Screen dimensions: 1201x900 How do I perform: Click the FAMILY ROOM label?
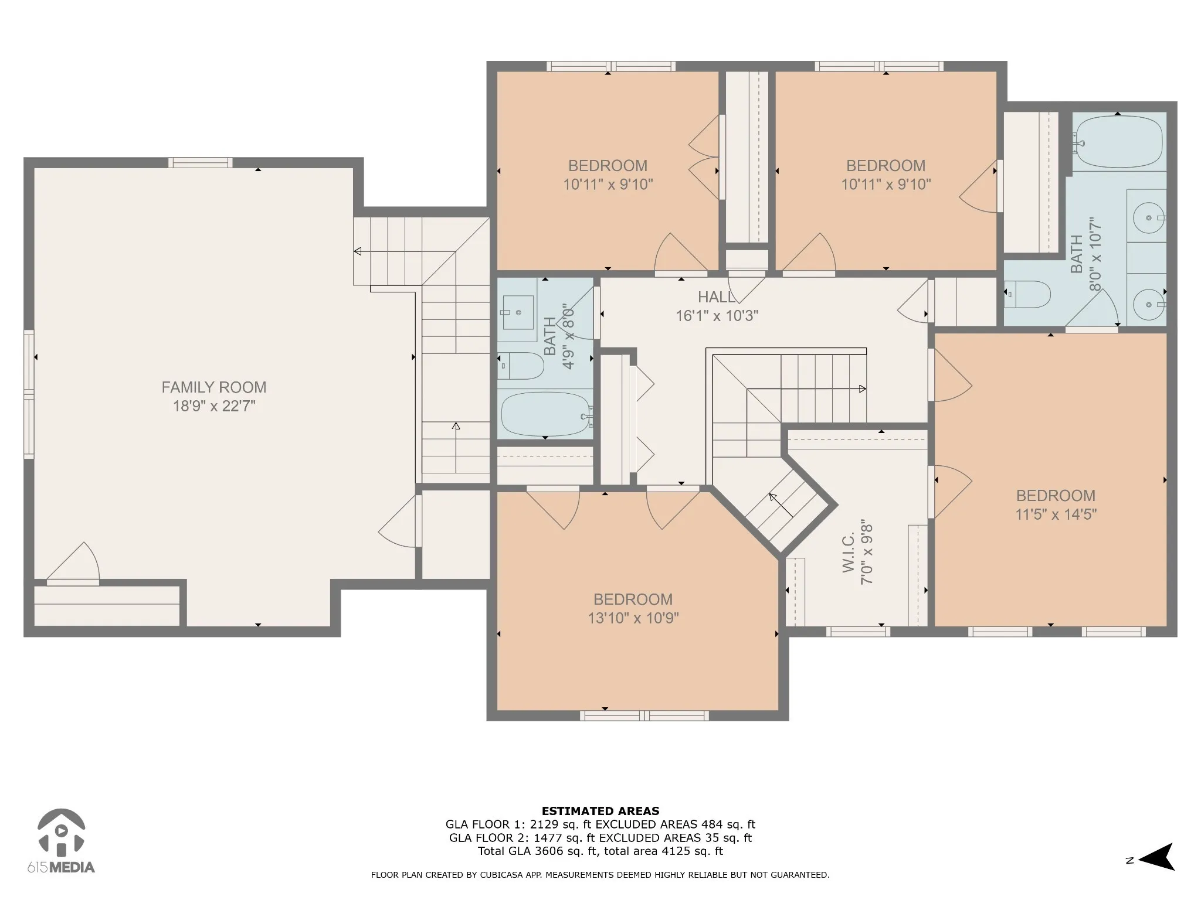click(x=214, y=387)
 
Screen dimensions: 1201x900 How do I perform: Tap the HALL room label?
click(x=717, y=297)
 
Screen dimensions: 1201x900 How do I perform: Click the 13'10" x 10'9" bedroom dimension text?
click(x=633, y=618)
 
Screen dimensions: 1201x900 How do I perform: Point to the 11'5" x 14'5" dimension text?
click(x=1056, y=514)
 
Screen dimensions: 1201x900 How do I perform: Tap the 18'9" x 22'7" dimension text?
click(x=214, y=406)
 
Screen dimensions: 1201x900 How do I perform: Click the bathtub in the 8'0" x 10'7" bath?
click(x=1118, y=142)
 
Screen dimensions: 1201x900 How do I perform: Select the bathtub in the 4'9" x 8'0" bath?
click(x=545, y=414)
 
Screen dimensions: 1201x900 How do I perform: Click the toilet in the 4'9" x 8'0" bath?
click(x=521, y=366)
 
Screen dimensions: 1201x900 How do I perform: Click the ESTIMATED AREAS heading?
click(x=600, y=812)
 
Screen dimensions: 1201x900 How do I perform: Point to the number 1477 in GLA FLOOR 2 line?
click(x=550, y=838)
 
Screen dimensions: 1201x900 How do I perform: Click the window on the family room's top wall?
click(x=201, y=163)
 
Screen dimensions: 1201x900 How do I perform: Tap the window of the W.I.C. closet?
click(x=859, y=632)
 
